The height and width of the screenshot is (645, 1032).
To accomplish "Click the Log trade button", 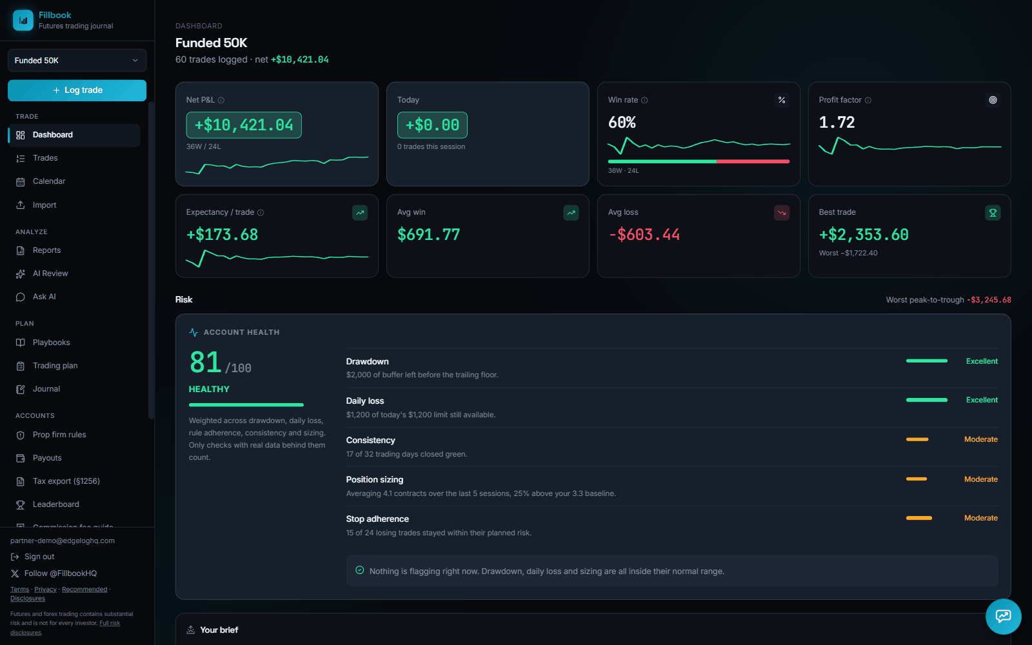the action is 77,90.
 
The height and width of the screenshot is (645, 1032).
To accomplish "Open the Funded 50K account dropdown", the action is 77,61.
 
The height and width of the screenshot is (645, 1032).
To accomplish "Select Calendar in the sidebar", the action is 48,181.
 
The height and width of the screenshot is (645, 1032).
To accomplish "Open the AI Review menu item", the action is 50,273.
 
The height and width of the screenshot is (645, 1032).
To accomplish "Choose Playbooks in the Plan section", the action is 51,342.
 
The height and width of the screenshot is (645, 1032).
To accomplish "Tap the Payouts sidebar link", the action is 46,458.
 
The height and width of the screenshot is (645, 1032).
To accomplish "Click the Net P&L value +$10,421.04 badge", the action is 244,125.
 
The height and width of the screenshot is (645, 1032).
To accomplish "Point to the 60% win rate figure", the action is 622,123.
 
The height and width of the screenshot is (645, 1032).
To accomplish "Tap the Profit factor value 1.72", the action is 837,123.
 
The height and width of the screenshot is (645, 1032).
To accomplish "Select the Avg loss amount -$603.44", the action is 644,235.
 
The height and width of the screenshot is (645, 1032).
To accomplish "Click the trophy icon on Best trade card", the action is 993,212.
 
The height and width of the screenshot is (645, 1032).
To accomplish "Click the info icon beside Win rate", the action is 644,101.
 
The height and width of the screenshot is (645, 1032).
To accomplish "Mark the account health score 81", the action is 206,362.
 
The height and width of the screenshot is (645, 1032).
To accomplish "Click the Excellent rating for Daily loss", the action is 982,400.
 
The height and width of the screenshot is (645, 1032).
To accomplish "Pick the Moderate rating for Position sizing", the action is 981,479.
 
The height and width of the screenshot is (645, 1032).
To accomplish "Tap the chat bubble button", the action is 1003,617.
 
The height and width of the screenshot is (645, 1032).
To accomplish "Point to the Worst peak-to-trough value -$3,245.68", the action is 989,300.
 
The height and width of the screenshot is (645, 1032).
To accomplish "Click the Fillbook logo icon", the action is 23,20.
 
